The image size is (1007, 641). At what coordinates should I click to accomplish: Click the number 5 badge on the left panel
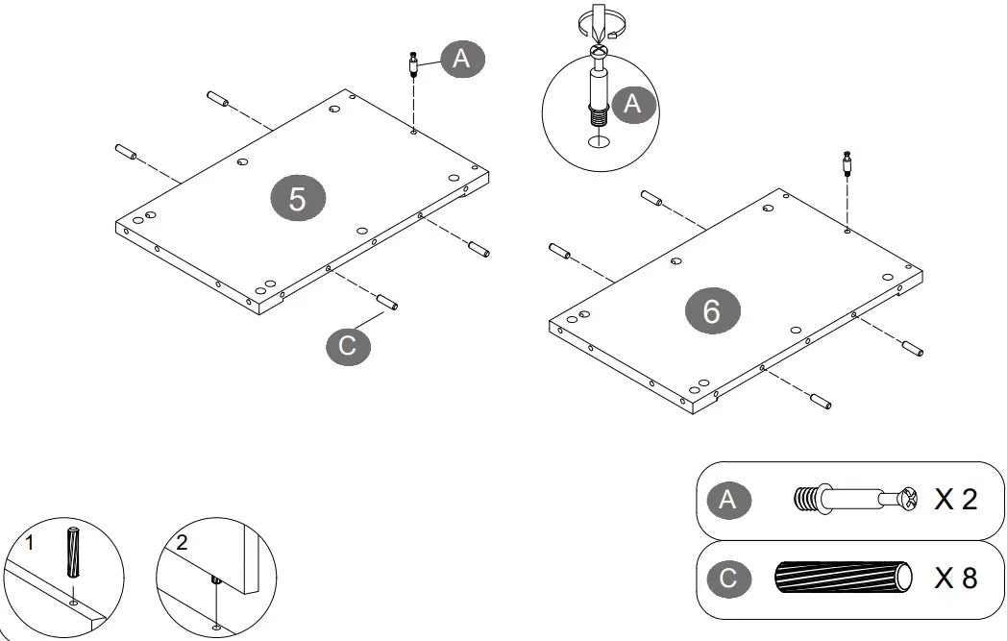pyautogui.click(x=297, y=199)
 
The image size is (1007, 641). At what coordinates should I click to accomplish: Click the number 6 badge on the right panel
pyautogui.click(x=712, y=310)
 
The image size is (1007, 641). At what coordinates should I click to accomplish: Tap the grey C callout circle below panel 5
pyautogui.click(x=348, y=346)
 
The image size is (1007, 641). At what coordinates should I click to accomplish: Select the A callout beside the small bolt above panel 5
pyautogui.click(x=462, y=59)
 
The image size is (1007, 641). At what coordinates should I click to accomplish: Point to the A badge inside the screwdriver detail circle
pyautogui.click(x=632, y=104)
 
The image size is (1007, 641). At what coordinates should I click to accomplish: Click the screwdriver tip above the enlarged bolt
pyautogui.click(x=599, y=39)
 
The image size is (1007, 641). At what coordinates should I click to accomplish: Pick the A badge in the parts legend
pyautogui.click(x=727, y=500)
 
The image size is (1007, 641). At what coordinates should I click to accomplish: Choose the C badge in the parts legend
pyautogui.click(x=727, y=579)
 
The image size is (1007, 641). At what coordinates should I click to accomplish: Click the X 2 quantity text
pyautogui.click(x=956, y=500)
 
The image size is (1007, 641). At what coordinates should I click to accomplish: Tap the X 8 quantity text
pyautogui.click(x=956, y=579)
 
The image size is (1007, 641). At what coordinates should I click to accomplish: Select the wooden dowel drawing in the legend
pyautogui.click(x=844, y=578)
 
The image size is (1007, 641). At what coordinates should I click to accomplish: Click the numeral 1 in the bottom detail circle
pyautogui.click(x=29, y=543)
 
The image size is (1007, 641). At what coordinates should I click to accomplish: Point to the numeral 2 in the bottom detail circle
pyautogui.click(x=182, y=543)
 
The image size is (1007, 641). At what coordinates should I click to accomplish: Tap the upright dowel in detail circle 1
pyautogui.click(x=73, y=553)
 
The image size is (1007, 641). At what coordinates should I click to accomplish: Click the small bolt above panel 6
pyautogui.click(x=847, y=163)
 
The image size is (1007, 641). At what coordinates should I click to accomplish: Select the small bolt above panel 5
pyautogui.click(x=413, y=64)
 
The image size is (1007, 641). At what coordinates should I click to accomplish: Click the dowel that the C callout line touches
pyautogui.click(x=387, y=302)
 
